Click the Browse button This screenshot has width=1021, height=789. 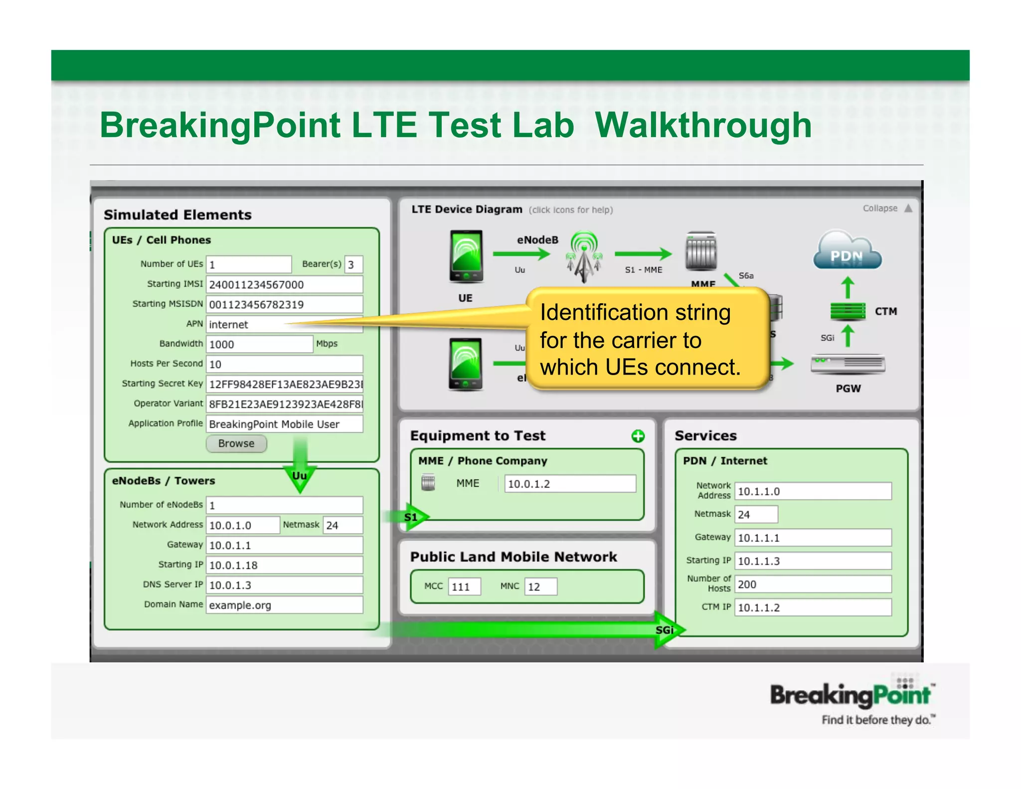pyautogui.click(x=236, y=443)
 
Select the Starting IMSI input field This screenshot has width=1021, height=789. pyautogui.click(x=284, y=284)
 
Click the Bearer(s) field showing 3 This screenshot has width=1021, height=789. pyautogui.click(x=353, y=264)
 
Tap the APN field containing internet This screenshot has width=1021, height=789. pyautogui.click(x=244, y=325)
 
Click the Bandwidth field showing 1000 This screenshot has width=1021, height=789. pyautogui.click(x=259, y=344)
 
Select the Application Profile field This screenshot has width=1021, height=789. pyautogui.click(x=284, y=424)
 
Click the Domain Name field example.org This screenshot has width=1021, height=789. pyautogui.click(x=284, y=605)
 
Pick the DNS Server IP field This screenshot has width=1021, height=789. pyautogui.click(x=284, y=585)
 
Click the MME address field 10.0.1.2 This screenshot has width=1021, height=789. pyautogui.click(x=570, y=484)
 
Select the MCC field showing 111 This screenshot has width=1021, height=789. pyautogui.click(x=464, y=587)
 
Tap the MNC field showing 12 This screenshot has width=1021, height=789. pyautogui.click(x=540, y=587)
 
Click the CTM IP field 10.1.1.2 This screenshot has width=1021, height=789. pyautogui.click(x=813, y=607)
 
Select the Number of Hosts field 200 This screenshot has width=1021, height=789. pyautogui.click(x=813, y=584)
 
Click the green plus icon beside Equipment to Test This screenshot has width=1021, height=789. pyautogui.click(x=638, y=436)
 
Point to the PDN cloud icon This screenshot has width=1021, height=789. pyautogui.click(x=847, y=251)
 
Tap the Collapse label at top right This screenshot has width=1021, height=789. pyautogui.click(x=880, y=208)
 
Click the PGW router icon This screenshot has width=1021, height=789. pyautogui.click(x=848, y=364)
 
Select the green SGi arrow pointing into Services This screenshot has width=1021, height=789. pyautogui.click(x=666, y=630)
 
